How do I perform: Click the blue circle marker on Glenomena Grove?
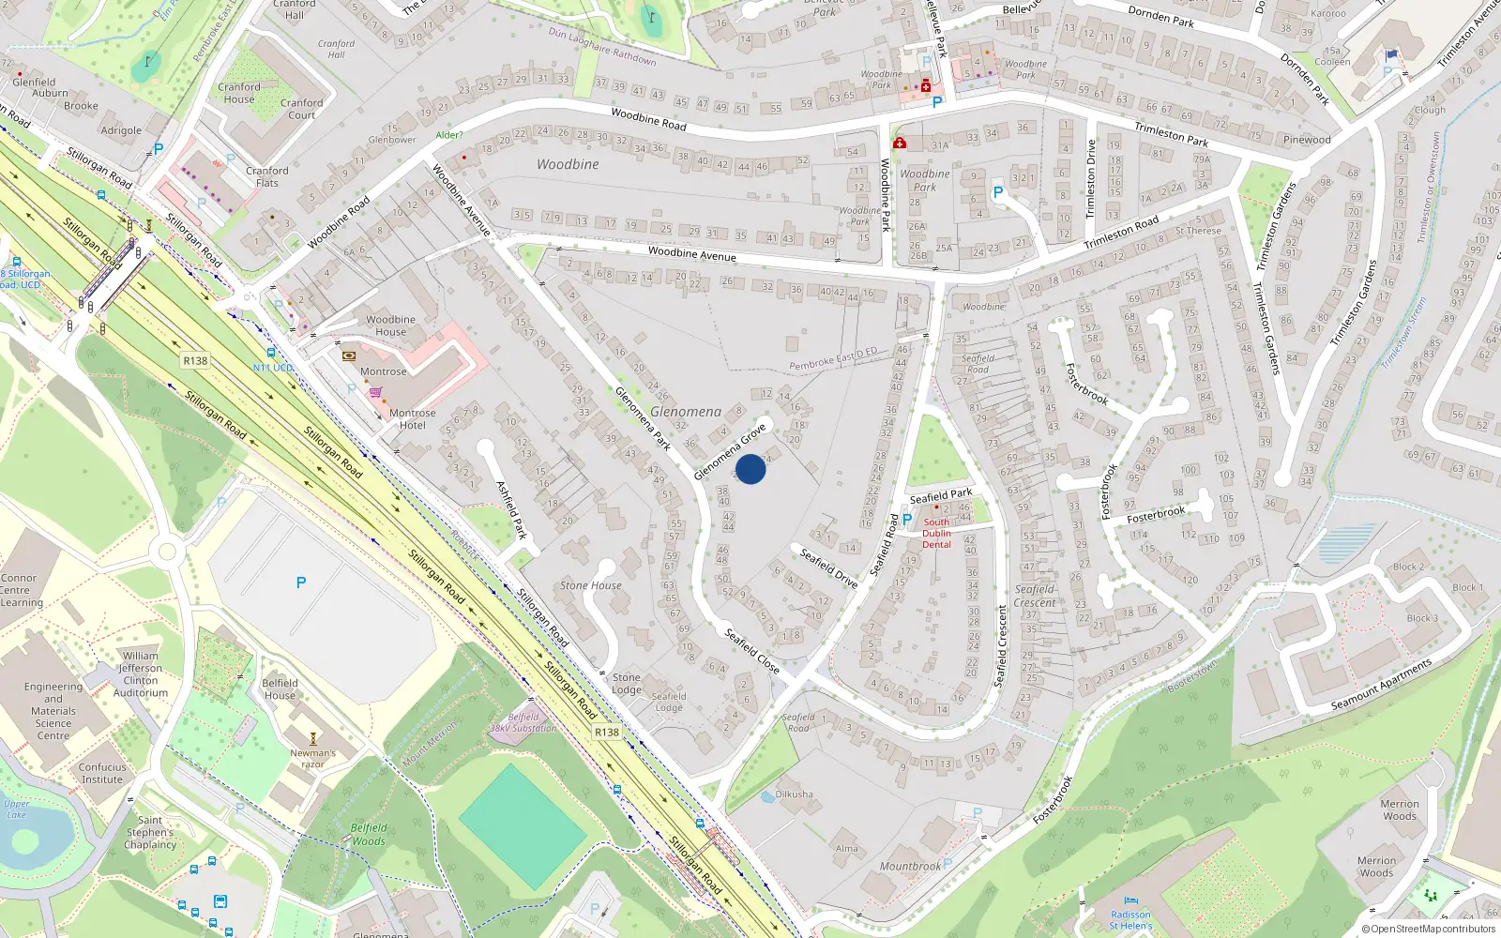[x=750, y=469]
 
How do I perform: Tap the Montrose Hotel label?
[x=412, y=419]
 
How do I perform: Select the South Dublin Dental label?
[x=936, y=533]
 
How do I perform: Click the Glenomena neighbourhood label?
[x=686, y=412]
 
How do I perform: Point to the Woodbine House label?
[x=390, y=325]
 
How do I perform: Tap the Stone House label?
[x=591, y=585]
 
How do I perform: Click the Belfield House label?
[x=280, y=688]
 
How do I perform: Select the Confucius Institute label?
[x=102, y=773]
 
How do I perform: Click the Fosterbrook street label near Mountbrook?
[x=1053, y=800]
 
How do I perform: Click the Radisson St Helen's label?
[x=1130, y=919]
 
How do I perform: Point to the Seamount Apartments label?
[x=1381, y=685]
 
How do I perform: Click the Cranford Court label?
[x=301, y=109]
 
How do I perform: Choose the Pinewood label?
[x=1307, y=140]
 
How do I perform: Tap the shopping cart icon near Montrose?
[x=375, y=392]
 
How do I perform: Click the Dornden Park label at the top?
[x=1160, y=16]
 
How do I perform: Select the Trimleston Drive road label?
[x=1090, y=178]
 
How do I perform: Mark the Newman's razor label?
[x=312, y=758]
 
